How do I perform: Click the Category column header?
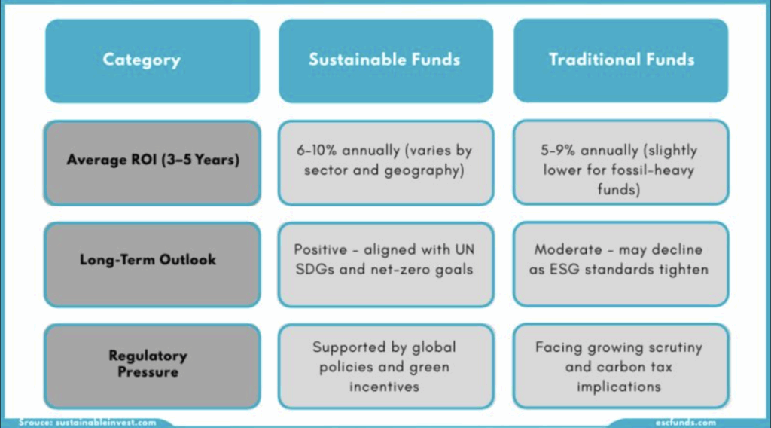pyautogui.click(x=152, y=61)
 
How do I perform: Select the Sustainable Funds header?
pyautogui.click(x=386, y=61)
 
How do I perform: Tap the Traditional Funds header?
pyautogui.click(x=621, y=60)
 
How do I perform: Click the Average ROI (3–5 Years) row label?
pyautogui.click(x=152, y=163)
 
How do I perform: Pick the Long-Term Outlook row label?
pyautogui.click(x=152, y=264)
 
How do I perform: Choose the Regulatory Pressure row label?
pyautogui.click(x=152, y=366)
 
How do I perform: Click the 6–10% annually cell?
pyautogui.click(x=386, y=163)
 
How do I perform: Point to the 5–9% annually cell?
pyautogui.click(x=621, y=162)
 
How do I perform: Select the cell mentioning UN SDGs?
pyautogui.click(x=386, y=264)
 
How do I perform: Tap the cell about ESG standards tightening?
pyautogui.click(x=621, y=264)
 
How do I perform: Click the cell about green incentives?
pyautogui.click(x=386, y=366)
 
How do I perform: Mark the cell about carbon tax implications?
pyautogui.click(x=621, y=365)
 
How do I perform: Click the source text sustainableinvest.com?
pyautogui.click(x=105, y=423)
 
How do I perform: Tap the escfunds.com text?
pyautogui.click(x=685, y=423)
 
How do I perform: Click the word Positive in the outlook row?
pyautogui.click(x=321, y=250)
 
